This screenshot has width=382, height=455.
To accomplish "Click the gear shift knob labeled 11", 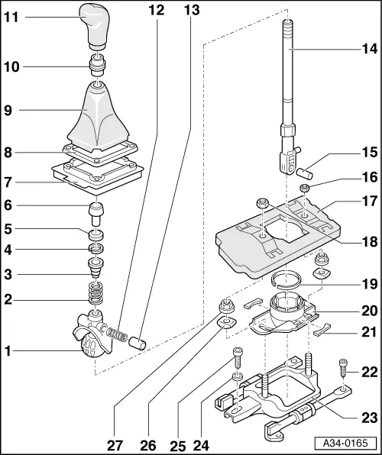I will pyautogui.click(x=97, y=24).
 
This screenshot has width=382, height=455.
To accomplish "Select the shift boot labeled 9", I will pyautogui.click(x=98, y=115).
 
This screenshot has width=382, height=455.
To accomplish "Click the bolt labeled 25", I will pyautogui.click(x=239, y=357).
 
